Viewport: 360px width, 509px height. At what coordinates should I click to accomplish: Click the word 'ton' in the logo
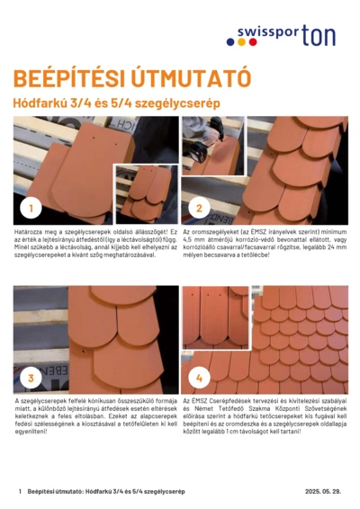point(319,36)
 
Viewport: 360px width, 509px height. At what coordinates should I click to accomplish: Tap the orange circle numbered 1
point(31,208)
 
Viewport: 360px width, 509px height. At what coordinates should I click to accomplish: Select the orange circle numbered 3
point(31,377)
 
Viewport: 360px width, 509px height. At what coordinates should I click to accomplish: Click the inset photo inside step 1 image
point(146,193)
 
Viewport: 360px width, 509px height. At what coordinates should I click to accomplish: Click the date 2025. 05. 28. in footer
point(324,492)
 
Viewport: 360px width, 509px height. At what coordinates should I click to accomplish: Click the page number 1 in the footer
point(19,492)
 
